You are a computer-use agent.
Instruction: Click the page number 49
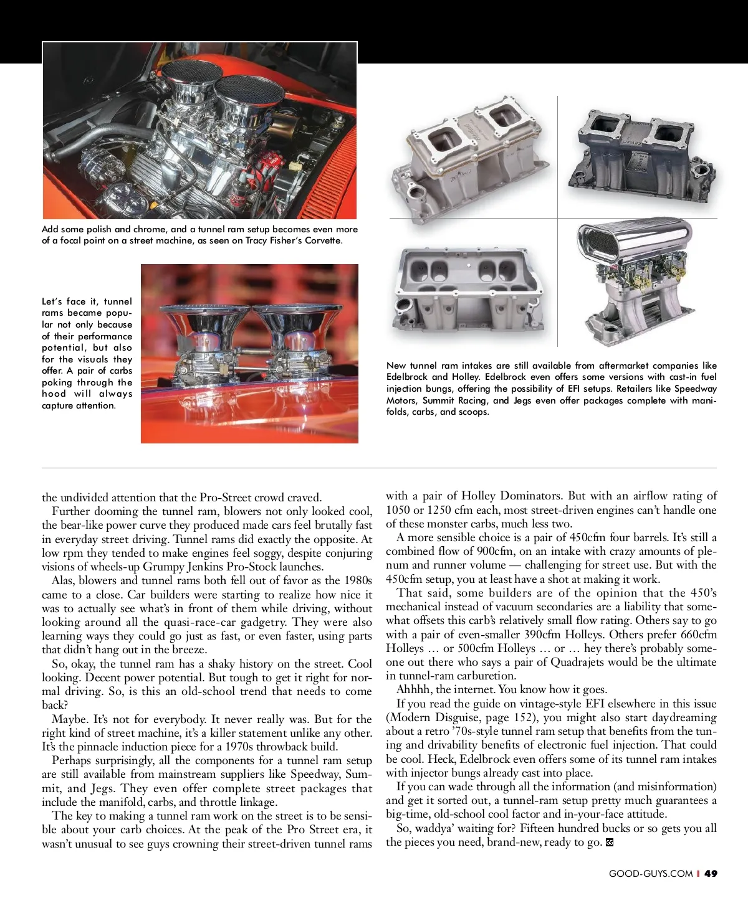coord(711,873)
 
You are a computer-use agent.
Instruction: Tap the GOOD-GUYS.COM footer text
coord(651,873)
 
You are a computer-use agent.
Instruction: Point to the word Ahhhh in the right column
coord(414,689)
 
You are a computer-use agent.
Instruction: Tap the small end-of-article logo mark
coord(610,843)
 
